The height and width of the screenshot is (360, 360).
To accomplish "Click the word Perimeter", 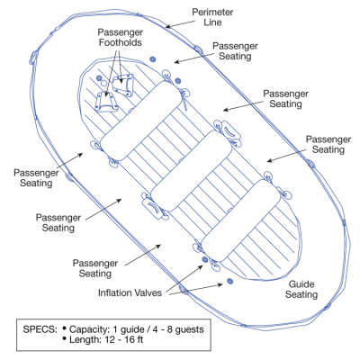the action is point(212,13).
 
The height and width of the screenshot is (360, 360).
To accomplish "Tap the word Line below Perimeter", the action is point(212,22).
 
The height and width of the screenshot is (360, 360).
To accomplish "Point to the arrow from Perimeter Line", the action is point(180,24).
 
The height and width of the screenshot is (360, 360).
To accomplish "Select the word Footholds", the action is point(121,42).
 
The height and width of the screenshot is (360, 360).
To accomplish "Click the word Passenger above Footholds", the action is point(121,32).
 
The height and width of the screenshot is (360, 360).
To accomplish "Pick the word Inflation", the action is point(114,292).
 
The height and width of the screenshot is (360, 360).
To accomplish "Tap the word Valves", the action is point(148,292).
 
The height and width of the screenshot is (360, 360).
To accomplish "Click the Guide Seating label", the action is point(301,289).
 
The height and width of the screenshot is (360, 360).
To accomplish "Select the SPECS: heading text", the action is point(40,329).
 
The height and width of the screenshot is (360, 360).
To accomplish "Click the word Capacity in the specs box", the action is point(89,329).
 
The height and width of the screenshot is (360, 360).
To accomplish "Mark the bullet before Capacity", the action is point(64,328).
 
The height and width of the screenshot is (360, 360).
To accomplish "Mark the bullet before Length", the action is point(64,338).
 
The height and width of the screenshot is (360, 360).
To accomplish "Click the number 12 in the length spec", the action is point(109,340).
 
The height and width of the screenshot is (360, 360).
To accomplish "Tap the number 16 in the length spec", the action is point(128,340).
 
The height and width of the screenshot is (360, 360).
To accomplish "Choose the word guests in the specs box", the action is point(189,329).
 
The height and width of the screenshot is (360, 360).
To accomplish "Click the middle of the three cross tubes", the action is point(191,171).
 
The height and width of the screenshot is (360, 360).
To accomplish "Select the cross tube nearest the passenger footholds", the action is point(141,121).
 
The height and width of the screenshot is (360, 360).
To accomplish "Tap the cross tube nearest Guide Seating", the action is point(240,220).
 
